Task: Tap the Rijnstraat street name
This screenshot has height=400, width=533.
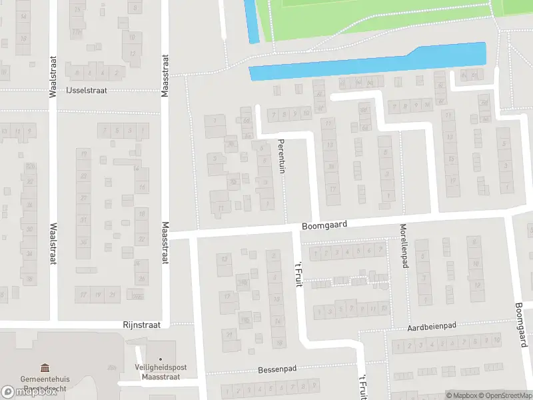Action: tap(142, 325)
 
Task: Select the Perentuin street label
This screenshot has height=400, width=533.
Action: tap(282, 156)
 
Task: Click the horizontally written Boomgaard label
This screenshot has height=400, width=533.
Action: tap(324, 226)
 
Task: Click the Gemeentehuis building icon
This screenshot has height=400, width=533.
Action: tap(45, 368)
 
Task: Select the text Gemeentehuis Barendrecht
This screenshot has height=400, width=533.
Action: tap(45, 384)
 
